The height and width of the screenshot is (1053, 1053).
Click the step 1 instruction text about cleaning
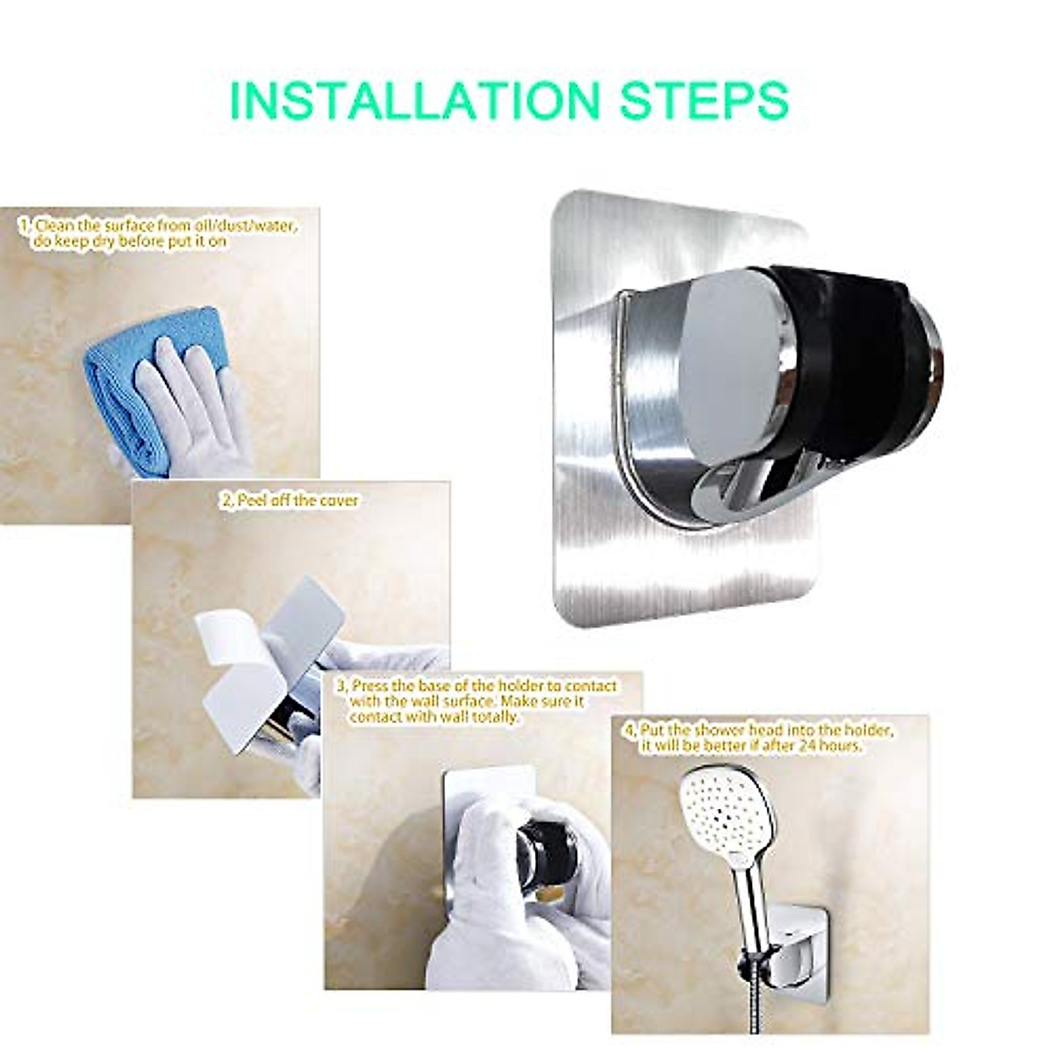click(x=158, y=233)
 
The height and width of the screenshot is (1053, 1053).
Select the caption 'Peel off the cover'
click(x=290, y=499)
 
